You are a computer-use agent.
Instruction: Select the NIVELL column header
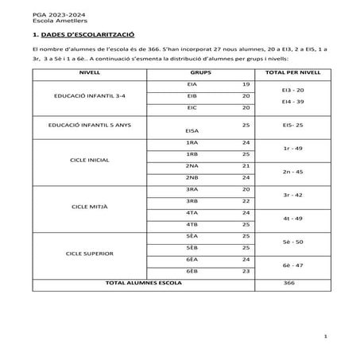[90, 72]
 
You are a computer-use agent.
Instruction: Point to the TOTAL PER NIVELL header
[292, 72]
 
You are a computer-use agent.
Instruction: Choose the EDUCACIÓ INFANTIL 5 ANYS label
[90, 126]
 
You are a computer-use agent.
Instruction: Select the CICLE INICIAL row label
[90, 159]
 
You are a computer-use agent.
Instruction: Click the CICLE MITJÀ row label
[90, 207]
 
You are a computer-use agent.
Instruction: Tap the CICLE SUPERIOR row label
[90, 254]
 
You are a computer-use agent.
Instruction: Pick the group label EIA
[192, 83]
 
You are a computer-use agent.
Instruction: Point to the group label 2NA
[192, 165]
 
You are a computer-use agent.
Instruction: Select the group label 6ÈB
[192, 272]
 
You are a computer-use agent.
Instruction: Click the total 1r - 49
[292, 148]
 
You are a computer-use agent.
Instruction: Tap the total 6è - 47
[292, 265]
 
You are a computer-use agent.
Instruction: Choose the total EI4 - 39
[292, 102]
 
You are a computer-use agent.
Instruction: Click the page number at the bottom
[326, 338]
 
